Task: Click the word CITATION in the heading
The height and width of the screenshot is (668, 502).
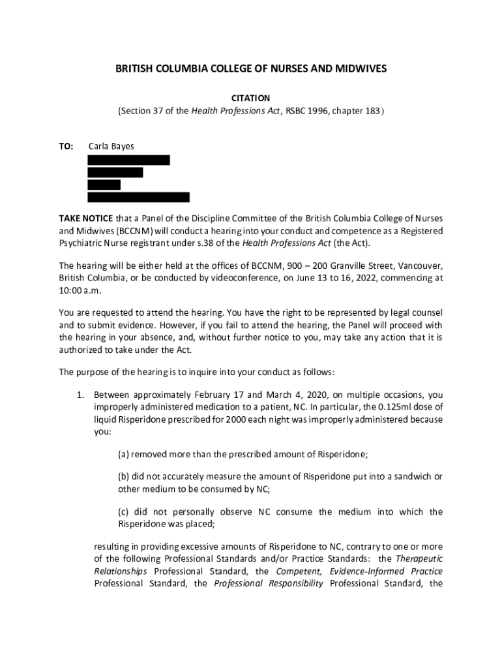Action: click(251, 98)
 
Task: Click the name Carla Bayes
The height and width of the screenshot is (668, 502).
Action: click(111, 146)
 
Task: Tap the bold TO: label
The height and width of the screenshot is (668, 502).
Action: click(66, 146)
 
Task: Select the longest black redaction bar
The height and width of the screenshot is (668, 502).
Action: click(138, 197)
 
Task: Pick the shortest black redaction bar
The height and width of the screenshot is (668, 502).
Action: click(104, 185)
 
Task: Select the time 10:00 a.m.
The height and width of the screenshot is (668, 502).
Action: click(77, 290)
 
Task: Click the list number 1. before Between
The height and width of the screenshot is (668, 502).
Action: click(81, 395)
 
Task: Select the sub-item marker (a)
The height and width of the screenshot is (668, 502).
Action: click(123, 455)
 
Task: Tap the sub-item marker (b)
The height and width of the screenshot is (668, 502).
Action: click(123, 476)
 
